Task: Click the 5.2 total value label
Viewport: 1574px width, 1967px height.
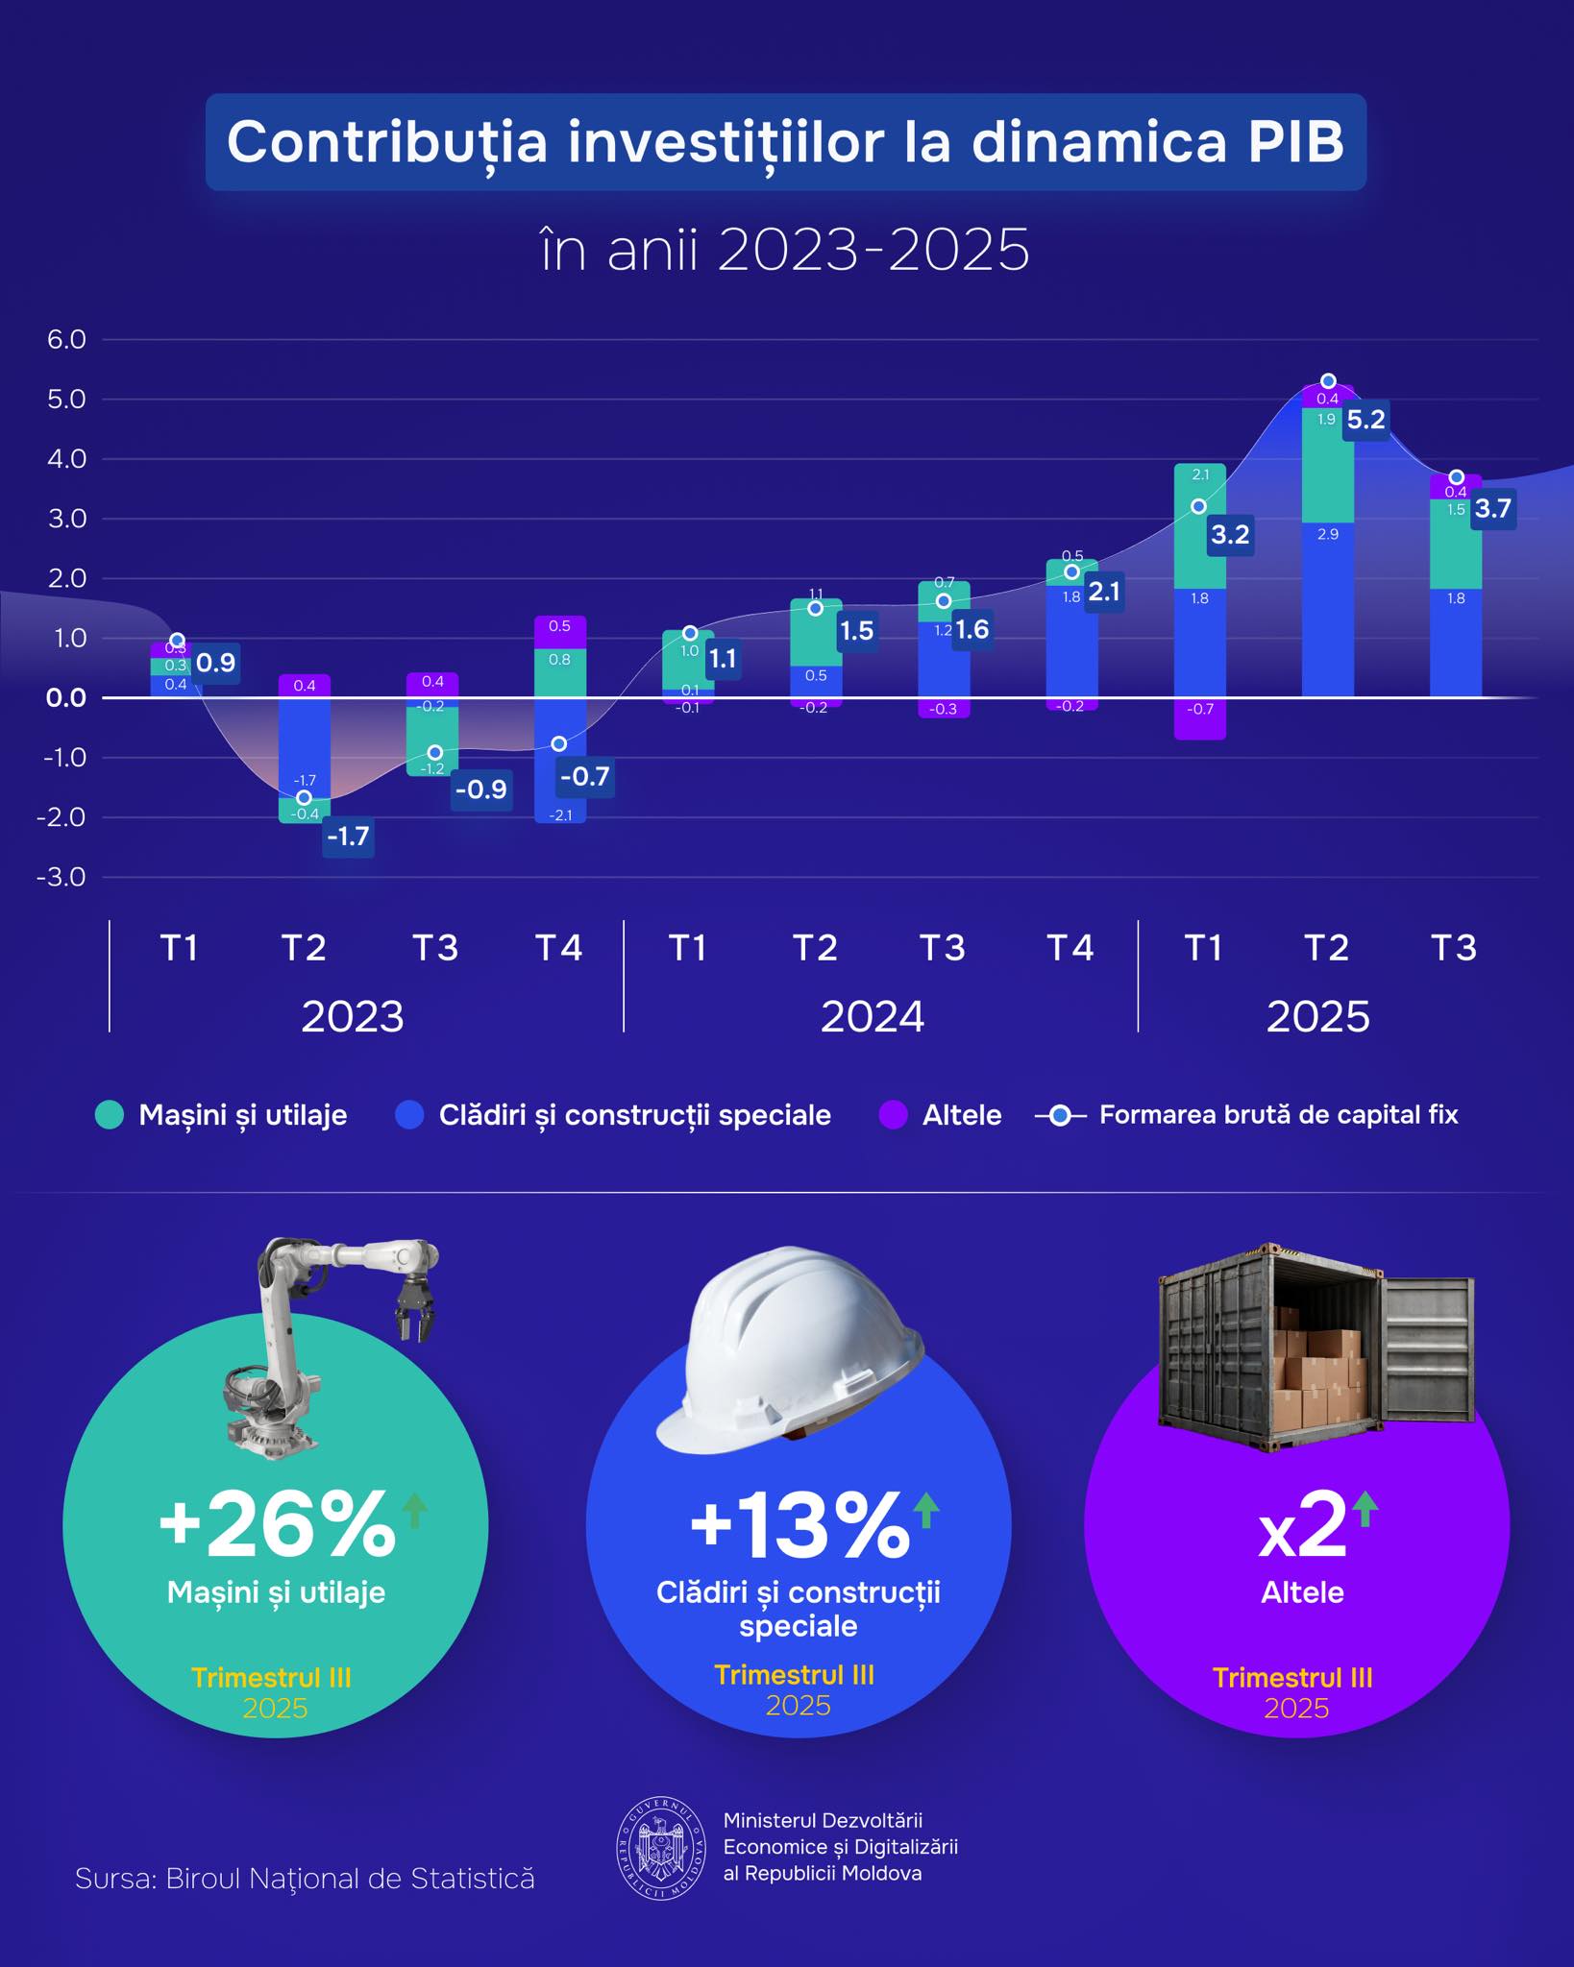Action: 1365,420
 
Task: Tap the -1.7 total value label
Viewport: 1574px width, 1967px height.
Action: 348,837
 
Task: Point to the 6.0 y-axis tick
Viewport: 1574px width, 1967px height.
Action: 66,339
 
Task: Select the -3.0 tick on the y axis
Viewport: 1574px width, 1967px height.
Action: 61,877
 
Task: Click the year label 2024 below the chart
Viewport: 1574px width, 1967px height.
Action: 872,1016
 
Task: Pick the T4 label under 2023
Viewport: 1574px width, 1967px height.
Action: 559,948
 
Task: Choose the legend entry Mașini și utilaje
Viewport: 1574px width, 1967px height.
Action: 242,1115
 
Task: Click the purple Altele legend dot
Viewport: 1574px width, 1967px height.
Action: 894,1115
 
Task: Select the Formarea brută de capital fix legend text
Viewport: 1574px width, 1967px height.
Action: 1278,1115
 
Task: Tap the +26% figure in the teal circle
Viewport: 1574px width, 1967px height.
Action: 277,1525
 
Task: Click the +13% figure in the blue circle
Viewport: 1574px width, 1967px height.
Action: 799,1525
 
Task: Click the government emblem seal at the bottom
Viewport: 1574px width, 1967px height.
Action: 661,1848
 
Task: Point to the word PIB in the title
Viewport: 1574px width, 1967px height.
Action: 1295,142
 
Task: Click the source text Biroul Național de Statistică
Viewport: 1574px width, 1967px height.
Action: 350,1879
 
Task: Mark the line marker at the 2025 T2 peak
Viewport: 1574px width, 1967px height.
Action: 1328,381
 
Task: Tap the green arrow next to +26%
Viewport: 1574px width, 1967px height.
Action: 414,1509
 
